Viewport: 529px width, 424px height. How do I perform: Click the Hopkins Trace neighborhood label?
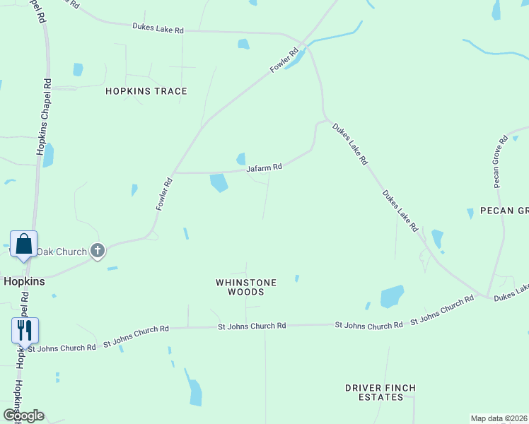click(x=146, y=91)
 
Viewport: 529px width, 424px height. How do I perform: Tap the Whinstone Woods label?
click(x=246, y=287)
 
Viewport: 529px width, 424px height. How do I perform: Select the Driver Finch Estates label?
click(x=380, y=392)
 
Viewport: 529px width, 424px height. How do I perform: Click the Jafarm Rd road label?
click(x=264, y=168)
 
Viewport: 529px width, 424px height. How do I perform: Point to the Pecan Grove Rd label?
click(x=499, y=161)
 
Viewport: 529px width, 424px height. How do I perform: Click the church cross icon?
click(x=98, y=250)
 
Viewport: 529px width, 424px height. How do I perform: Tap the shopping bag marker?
click(x=23, y=245)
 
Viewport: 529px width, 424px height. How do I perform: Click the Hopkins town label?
click(x=24, y=281)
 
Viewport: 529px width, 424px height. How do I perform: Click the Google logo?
click(x=23, y=415)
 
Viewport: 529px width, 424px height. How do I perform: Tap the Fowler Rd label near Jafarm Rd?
click(x=164, y=193)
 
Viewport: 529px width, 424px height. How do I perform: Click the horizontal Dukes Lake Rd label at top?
click(x=158, y=28)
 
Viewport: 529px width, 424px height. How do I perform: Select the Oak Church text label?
click(x=62, y=251)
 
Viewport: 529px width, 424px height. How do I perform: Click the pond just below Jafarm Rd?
click(x=219, y=183)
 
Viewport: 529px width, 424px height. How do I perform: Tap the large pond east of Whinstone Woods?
click(x=392, y=296)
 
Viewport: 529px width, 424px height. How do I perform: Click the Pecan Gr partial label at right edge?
click(x=504, y=211)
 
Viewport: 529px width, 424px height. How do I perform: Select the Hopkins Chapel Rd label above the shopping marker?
click(x=45, y=117)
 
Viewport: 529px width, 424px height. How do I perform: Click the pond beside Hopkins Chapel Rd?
click(x=48, y=155)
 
